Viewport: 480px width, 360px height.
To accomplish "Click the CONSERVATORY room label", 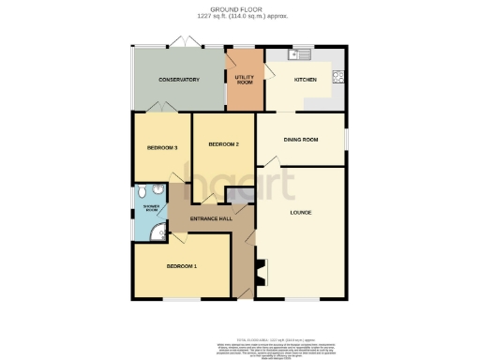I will (x=179, y=80).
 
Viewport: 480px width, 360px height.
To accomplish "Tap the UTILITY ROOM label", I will (x=245, y=79).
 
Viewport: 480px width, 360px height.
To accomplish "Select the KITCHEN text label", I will (x=306, y=80).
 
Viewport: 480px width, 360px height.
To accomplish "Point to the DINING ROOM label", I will (x=301, y=140).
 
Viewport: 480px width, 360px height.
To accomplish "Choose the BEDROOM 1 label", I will (x=182, y=267).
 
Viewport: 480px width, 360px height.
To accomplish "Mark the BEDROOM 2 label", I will (x=223, y=144).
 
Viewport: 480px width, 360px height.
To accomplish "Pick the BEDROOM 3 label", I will (x=162, y=147).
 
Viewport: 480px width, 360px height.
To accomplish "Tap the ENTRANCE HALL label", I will (x=211, y=219).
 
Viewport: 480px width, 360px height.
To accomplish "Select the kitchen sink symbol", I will (x=301, y=54).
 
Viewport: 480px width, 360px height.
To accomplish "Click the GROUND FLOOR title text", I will (x=241, y=8).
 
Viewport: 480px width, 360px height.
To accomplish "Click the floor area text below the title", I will (x=241, y=16).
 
